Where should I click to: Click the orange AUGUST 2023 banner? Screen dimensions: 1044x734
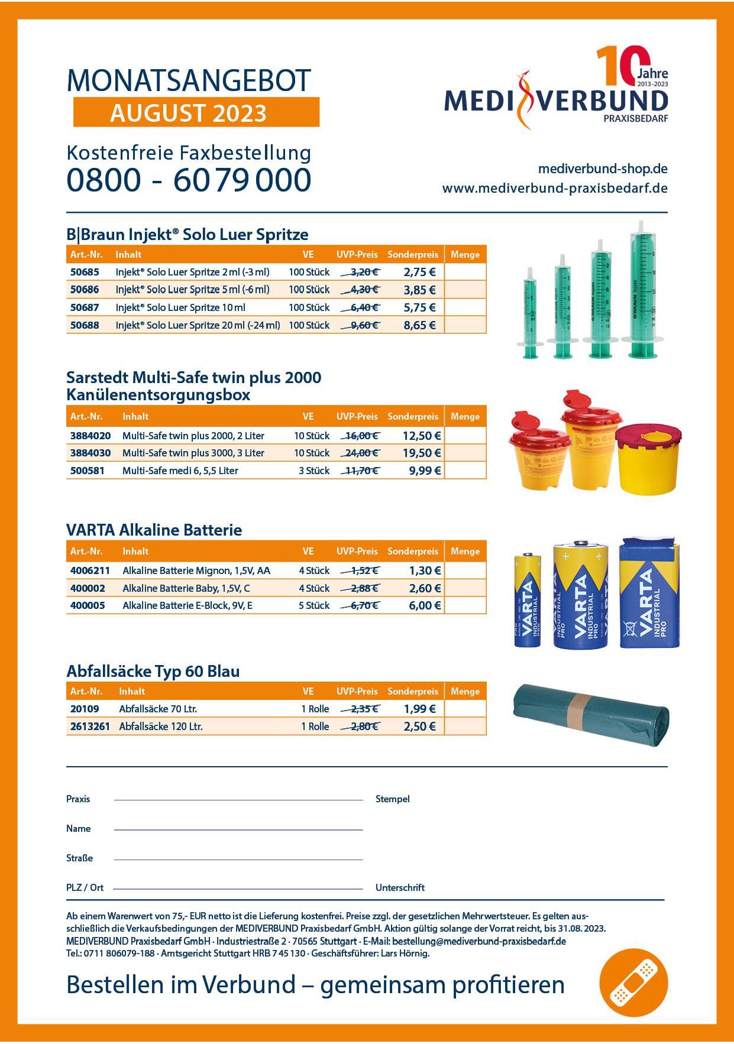coord(196,112)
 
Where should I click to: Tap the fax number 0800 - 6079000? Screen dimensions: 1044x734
coord(189,180)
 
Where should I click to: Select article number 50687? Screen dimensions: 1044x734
coord(85,307)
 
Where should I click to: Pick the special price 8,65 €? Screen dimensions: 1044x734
coord(419,325)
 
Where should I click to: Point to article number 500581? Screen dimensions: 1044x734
coord(87,471)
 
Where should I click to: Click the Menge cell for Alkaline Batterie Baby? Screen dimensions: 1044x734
coord(465,588)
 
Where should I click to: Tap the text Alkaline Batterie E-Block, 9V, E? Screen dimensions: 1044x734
coord(187,605)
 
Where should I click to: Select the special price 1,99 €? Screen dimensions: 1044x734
coord(419,709)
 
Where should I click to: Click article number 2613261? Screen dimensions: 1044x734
coord(90,727)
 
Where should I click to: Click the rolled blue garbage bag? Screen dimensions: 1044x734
coord(591,715)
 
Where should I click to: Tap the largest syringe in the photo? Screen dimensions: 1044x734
coord(642,290)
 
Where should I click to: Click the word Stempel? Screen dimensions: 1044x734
coord(392,799)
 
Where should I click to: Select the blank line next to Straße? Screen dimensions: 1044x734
coord(238,858)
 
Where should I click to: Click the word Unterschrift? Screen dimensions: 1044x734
coord(400,887)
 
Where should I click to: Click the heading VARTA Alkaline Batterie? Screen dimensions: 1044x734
coord(154,530)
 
